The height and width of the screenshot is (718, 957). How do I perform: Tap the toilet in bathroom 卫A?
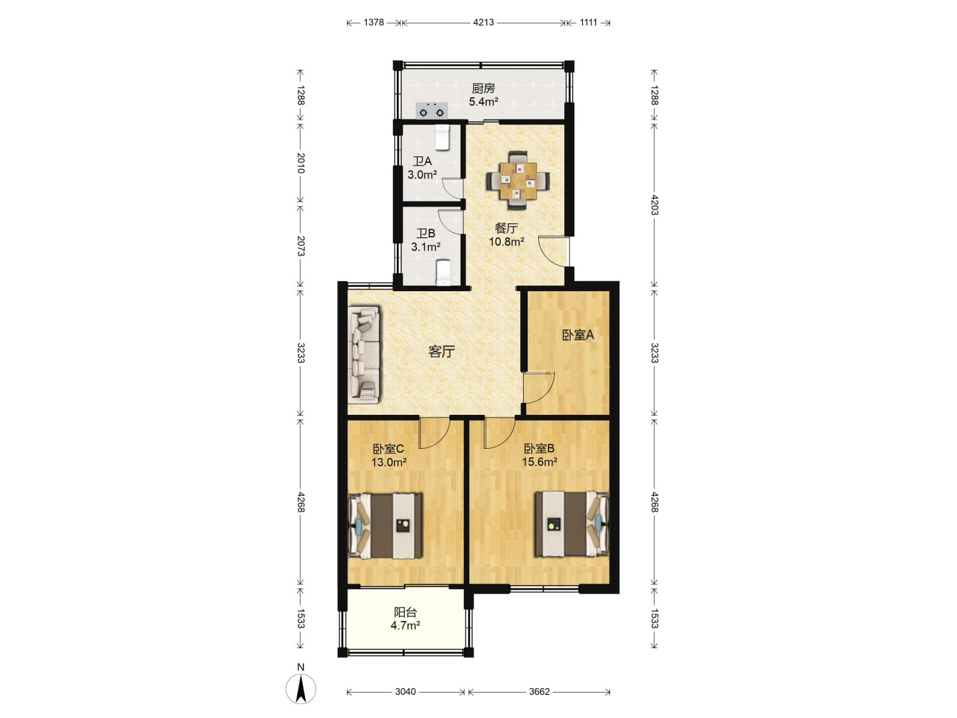pos(443,137)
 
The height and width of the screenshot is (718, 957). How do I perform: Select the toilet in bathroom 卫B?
pos(443,273)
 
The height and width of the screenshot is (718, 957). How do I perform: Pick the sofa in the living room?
pos(364,354)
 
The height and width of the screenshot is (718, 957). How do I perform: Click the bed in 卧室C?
pos(385,526)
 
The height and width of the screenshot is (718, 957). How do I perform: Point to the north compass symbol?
pos(301,688)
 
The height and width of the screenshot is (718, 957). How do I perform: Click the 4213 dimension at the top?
pos(483,22)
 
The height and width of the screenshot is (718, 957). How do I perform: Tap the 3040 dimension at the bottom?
pos(405,691)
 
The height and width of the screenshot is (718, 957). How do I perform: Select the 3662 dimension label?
pos(540,691)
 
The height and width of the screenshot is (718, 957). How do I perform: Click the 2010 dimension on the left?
pos(300,163)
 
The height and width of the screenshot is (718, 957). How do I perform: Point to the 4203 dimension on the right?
pos(654,205)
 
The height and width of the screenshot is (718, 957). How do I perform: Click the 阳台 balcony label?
pos(405,612)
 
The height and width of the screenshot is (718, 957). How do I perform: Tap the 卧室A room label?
pos(578,335)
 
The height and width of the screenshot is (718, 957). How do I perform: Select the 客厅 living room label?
pos(441,352)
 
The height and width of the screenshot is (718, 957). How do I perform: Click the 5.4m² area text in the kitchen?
pos(484,102)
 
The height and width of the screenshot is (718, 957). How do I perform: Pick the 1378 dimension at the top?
pos(373,22)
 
